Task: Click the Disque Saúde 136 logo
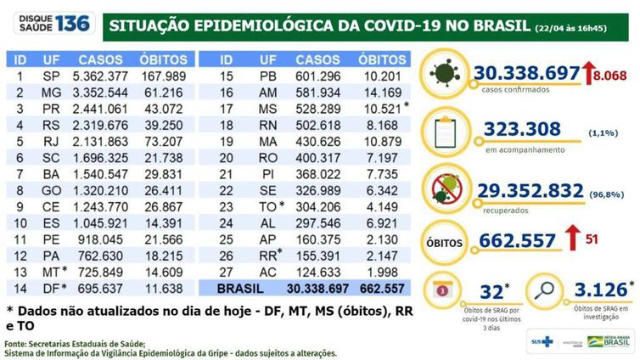[48, 23]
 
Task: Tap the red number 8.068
[609, 76]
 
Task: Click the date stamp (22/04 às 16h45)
[585, 26]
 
